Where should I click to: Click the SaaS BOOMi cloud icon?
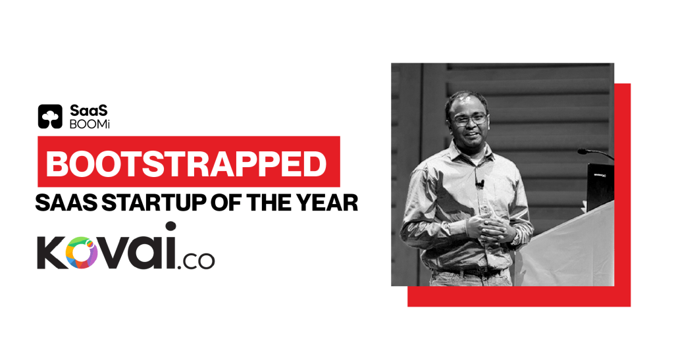50,116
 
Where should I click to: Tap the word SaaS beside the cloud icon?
89,111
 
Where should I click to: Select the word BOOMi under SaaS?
90,124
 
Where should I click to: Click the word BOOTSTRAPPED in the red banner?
186,164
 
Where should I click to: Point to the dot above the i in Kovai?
170,226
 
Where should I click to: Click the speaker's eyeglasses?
469,119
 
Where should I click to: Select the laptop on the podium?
600,186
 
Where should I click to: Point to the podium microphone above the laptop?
595,153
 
